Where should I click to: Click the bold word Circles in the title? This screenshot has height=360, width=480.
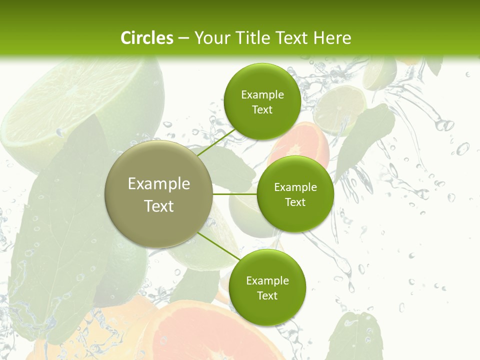click(x=146, y=38)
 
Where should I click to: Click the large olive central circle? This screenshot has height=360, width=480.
click(x=159, y=194)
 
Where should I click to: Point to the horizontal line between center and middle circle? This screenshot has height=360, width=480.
click(x=235, y=194)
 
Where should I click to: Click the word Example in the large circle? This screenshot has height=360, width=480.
click(x=159, y=184)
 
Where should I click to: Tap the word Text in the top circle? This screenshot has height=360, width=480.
click(x=262, y=110)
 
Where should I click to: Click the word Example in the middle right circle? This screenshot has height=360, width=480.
click(x=295, y=187)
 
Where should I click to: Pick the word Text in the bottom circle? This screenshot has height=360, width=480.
click(x=267, y=296)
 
